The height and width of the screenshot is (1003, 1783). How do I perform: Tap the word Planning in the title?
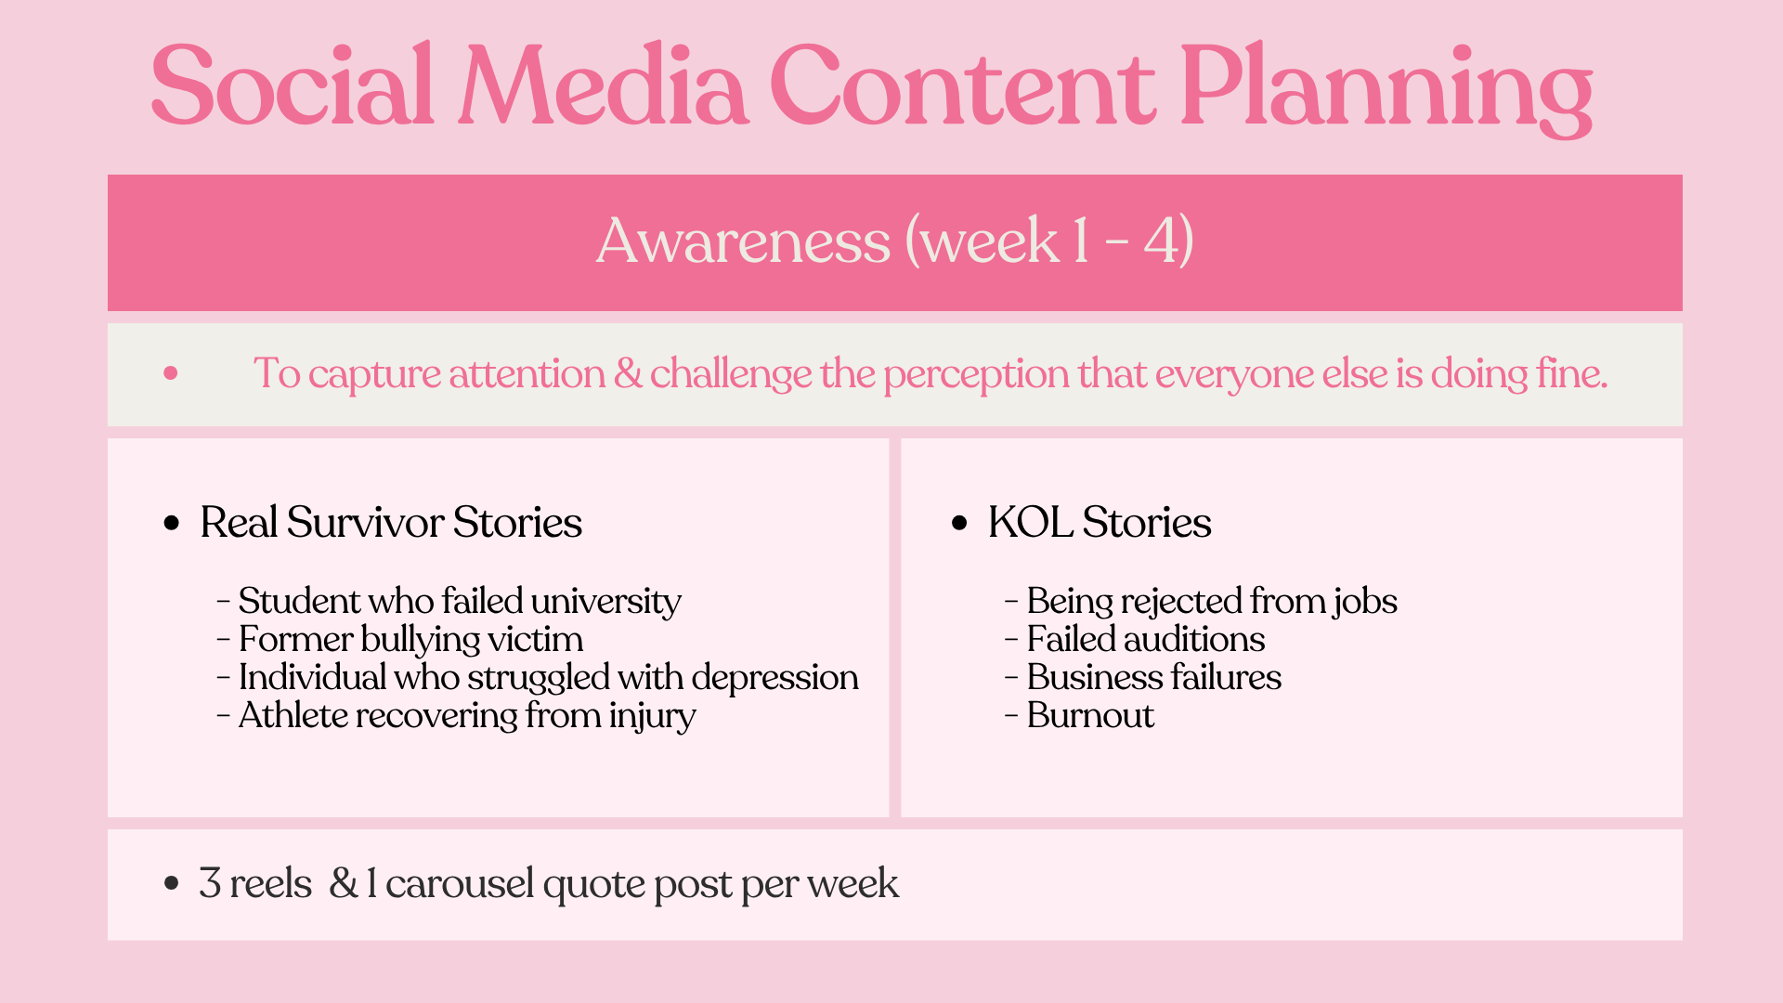pyautogui.click(x=1386, y=88)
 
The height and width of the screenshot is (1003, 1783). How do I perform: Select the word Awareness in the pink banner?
pyautogui.click(x=743, y=241)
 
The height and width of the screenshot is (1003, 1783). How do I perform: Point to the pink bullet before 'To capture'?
pyautogui.click(x=170, y=373)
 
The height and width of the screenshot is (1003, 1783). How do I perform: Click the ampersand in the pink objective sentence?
pyautogui.click(x=628, y=373)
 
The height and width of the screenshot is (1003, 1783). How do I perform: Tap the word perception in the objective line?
pyautogui.click(x=976, y=375)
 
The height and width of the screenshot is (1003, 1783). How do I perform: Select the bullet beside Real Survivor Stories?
pyautogui.click(x=171, y=524)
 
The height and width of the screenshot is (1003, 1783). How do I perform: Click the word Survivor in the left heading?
pyautogui.click(x=365, y=522)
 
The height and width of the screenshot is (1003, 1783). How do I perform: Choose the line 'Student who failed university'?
pyautogui.click(x=449, y=601)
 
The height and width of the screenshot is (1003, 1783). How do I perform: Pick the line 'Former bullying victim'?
pyautogui.click(x=400, y=640)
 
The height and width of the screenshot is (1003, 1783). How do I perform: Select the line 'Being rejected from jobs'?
pyautogui.click(x=1201, y=601)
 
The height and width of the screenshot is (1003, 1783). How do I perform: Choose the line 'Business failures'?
pyautogui.click(x=1143, y=677)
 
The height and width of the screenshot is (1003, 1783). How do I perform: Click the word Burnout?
pyautogui.click(x=1090, y=715)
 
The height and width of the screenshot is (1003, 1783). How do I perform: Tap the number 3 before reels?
pyautogui.click(x=210, y=883)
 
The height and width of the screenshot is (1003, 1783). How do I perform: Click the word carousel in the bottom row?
pyautogui.click(x=460, y=883)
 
